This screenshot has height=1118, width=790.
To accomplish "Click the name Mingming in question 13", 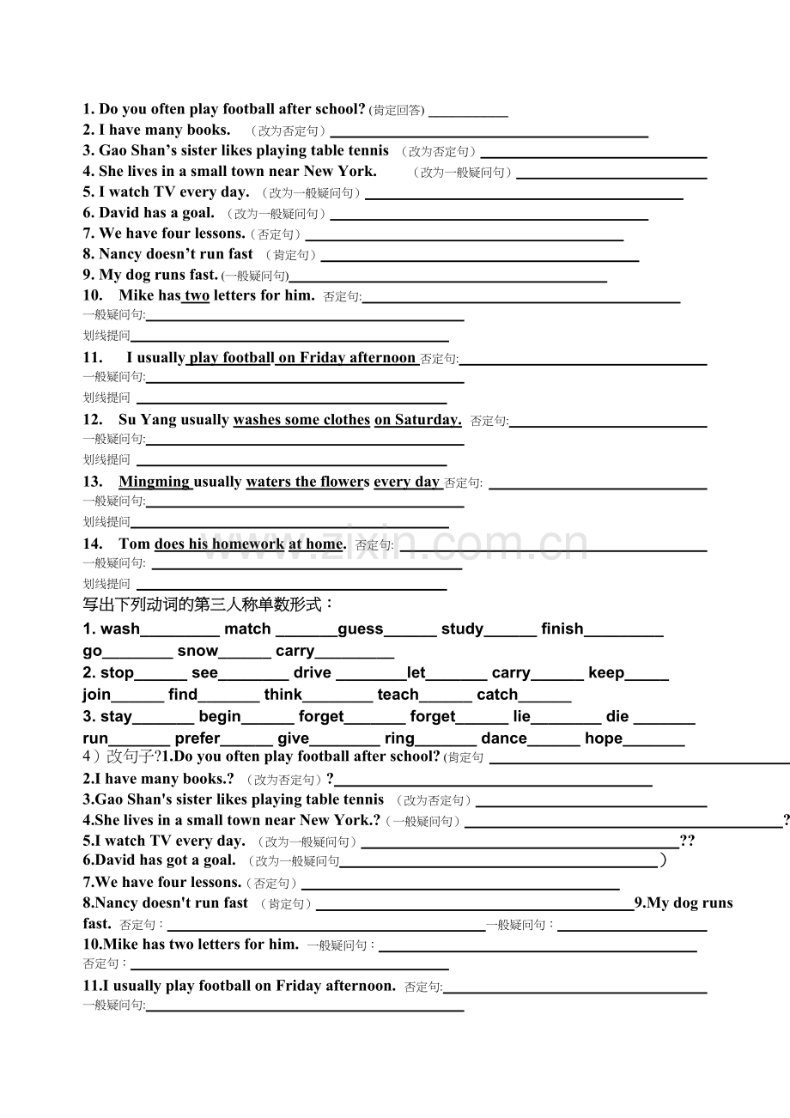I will point(155,482).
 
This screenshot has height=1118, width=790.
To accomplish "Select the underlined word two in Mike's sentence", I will point(197,295).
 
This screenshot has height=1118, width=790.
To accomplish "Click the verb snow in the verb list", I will point(197,651).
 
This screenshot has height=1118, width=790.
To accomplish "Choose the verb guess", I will point(361,629).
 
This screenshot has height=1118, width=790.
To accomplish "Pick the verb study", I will point(462,629).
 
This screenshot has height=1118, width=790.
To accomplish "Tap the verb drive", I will point(313,673).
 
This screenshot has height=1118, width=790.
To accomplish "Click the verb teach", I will point(398,695).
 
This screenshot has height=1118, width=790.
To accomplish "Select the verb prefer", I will point(197,738).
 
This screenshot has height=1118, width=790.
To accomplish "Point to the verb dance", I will point(504,738).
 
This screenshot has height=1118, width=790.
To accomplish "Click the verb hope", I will point(604,738).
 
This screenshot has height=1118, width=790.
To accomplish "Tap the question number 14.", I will point(93,544).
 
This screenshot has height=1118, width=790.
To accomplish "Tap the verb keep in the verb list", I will point(606,673).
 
